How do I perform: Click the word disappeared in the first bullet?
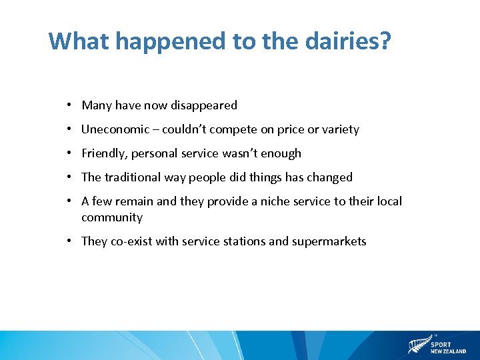pyautogui.click(x=203, y=105)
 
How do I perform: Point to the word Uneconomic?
pyautogui.click(x=112, y=129)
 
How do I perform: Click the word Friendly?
pyautogui.click(x=105, y=153)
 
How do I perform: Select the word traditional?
pyautogui.click(x=132, y=177)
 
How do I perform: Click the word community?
pyautogui.click(x=112, y=217)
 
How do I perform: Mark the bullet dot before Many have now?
pyautogui.click(x=69, y=105)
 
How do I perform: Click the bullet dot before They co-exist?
pyautogui.click(x=69, y=241)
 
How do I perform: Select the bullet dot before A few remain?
pyautogui.click(x=69, y=201)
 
